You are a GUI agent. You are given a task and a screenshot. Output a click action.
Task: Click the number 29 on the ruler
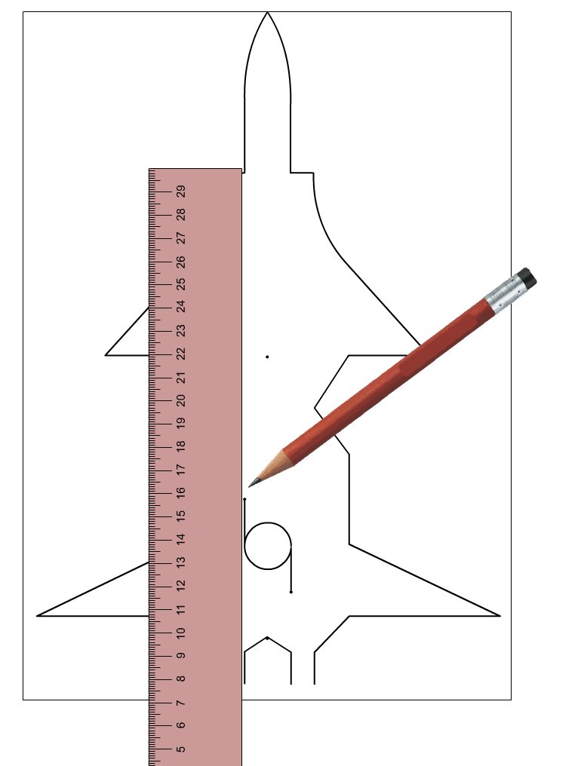coord(181,191)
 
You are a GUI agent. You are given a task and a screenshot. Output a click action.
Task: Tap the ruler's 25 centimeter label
coord(181,283)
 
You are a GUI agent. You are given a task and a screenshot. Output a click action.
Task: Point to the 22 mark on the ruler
coord(181,354)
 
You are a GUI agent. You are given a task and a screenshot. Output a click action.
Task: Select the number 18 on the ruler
coord(181,446)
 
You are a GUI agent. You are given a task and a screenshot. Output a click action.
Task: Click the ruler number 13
coord(181,562)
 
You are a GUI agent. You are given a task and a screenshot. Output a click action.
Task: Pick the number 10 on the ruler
coord(181,633)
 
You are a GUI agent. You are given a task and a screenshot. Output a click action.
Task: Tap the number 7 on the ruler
coord(181,703)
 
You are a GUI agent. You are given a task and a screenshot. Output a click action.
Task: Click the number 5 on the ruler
coord(181,749)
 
